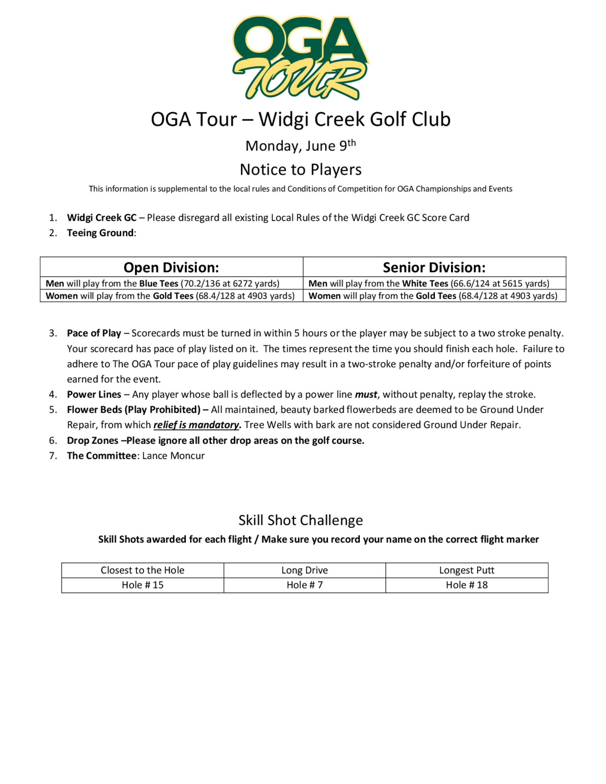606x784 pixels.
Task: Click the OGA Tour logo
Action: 301,58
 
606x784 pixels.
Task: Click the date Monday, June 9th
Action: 300,146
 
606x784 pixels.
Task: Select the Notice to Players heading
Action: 301,169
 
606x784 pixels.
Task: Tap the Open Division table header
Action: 171,267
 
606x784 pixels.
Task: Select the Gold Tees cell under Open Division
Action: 170,296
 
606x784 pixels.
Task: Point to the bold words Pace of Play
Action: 94,333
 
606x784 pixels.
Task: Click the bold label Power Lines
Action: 94,394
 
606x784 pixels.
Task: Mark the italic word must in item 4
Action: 366,394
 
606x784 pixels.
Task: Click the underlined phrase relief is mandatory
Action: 196,425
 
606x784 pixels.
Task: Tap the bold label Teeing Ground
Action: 100,233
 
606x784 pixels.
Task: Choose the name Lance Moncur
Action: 173,456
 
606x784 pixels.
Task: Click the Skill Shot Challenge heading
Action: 301,520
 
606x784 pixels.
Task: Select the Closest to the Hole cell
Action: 142,570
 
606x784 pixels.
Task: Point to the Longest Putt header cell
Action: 466,570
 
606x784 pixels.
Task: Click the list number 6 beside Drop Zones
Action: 53,441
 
